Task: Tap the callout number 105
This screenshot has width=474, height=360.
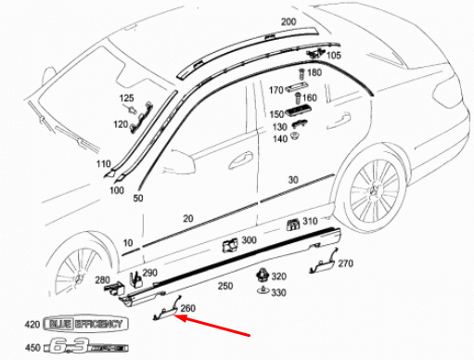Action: pyautogui.click(x=334, y=56)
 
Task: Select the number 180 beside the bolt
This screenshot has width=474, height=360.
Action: pyautogui.click(x=314, y=72)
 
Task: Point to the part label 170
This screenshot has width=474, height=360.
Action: pyautogui.click(x=275, y=91)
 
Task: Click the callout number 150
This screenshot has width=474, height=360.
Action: pyautogui.click(x=276, y=113)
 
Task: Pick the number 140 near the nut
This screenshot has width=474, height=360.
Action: pyautogui.click(x=279, y=138)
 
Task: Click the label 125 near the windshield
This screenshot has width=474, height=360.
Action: pyautogui.click(x=126, y=97)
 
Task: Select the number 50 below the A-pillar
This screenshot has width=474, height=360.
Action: pyautogui.click(x=138, y=199)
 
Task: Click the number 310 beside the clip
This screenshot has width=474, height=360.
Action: pyautogui.click(x=309, y=221)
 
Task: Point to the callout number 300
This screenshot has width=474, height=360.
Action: pyautogui.click(x=249, y=240)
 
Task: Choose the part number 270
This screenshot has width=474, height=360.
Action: pyautogui.click(x=345, y=264)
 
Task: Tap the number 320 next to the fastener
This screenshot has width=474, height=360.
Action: pyautogui.click(x=278, y=276)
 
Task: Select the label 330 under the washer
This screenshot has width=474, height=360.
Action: pyautogui.click(x=278, y=292)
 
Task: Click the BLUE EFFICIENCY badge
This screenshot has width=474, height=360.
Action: pyautogui.click(x=85, y=324)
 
